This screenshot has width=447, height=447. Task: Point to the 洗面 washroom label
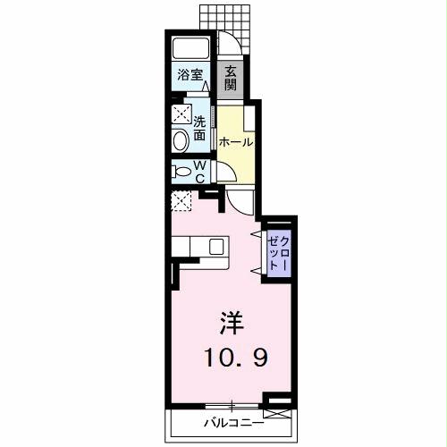click(199, 131)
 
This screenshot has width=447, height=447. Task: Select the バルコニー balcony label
click(232, 422)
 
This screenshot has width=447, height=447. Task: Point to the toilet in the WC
click(181, 172)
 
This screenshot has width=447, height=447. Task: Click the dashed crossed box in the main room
click(181, 200)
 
